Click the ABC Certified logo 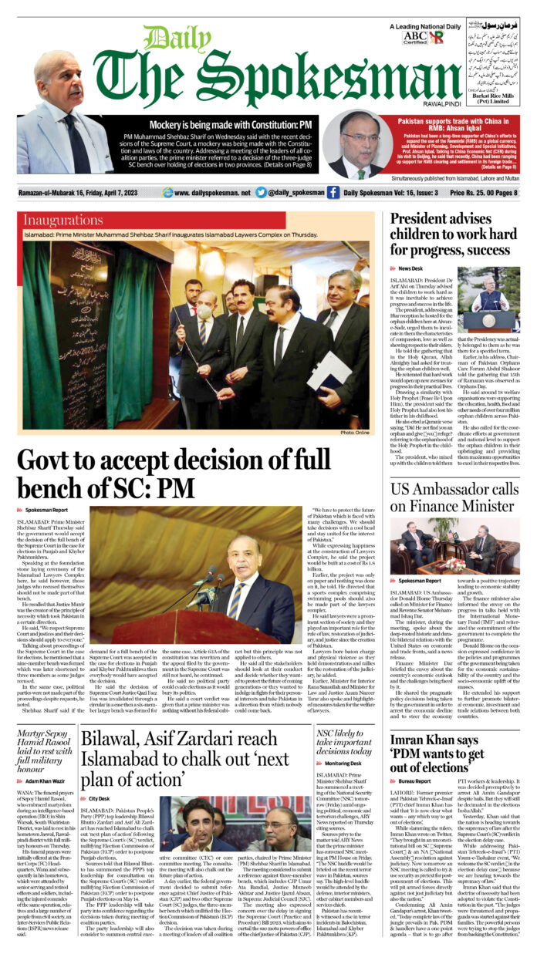tap(414, 38)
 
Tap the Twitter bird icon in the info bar tap(262, 192)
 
